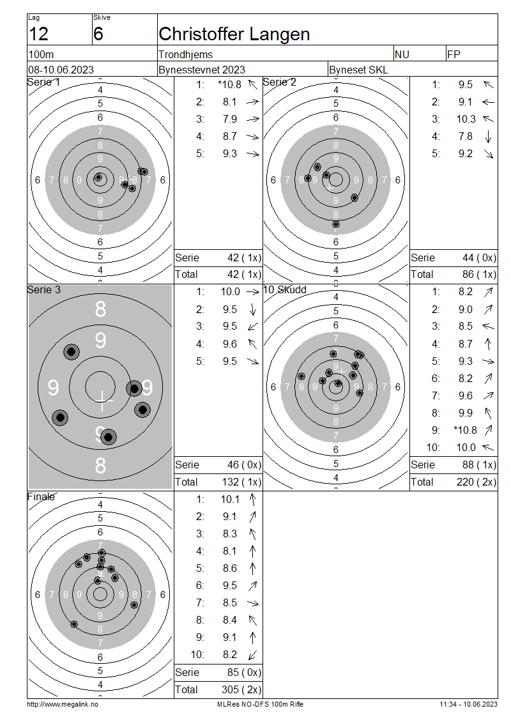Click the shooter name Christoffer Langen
point(234,34)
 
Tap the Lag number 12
point(38,34)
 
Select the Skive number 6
point(98,34)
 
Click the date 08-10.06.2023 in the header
point(61,70)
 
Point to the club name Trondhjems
point(185,55)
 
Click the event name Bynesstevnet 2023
point(202,70)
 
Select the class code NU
point(402,55)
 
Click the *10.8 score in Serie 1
point(230,85)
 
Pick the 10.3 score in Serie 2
point(466,119)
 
